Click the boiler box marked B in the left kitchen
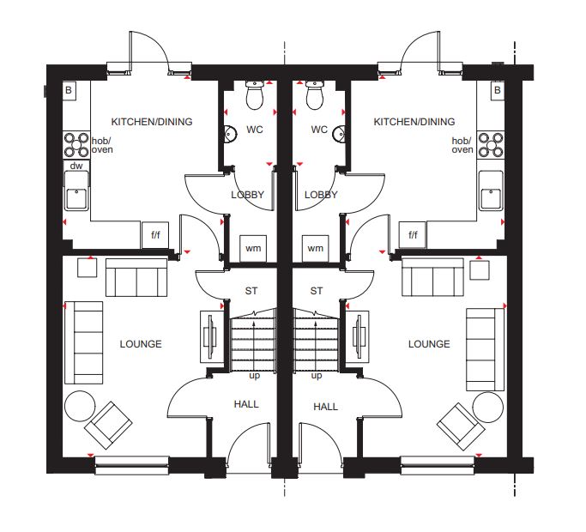[69, 90]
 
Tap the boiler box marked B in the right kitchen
[497, 90]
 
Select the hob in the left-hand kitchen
[76, 145]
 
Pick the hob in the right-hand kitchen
[491, 145]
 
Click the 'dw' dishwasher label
[76, 166]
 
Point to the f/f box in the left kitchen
[155, 235]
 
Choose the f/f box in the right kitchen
[412, 235]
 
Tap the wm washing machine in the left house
[253, 249]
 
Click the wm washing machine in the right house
[316, 249]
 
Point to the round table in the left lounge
[80, 407]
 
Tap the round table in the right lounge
[487, 408]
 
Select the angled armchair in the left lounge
[108, 426]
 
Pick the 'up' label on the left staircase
[255, 376]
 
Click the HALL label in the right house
[325, 407]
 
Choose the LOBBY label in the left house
[247, 195]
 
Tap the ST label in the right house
[317, 291]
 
